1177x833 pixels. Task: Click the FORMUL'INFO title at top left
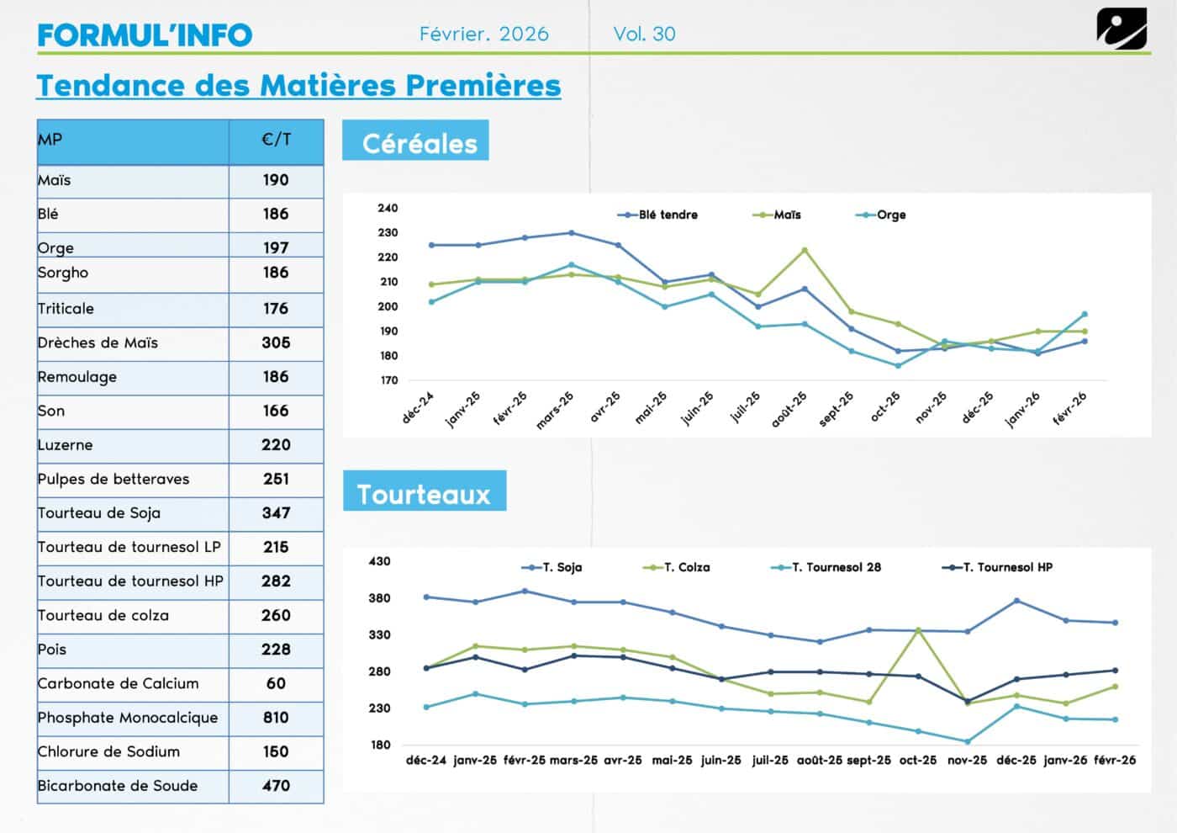[x=145, y=34]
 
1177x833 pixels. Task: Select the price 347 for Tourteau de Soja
[x=276, y=513]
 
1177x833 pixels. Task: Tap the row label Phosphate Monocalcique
[x=128, y=718]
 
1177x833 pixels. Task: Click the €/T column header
[x=276, y=140]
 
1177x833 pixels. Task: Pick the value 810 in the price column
[x=276, y=718]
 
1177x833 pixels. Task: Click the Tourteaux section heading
[x=424, y=494]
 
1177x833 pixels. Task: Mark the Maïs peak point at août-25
[x=805, y=250]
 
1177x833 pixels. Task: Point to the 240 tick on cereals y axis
[x=388, y=208]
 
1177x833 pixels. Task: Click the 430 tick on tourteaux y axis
[x=380, y=561]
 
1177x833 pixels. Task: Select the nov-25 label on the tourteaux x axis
[x=967, y=760]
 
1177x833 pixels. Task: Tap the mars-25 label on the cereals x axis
[x=555, y=410]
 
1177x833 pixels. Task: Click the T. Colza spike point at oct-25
[x=918, y=630]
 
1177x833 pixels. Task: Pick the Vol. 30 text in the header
[x=644, y=34]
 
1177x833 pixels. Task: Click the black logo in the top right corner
[x=1122, y=29]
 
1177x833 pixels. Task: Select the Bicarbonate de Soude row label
[x=118, y=786]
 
